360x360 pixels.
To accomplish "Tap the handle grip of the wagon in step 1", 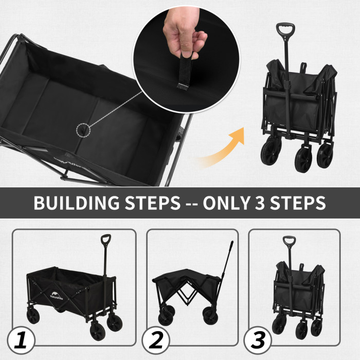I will coord(105,241).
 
